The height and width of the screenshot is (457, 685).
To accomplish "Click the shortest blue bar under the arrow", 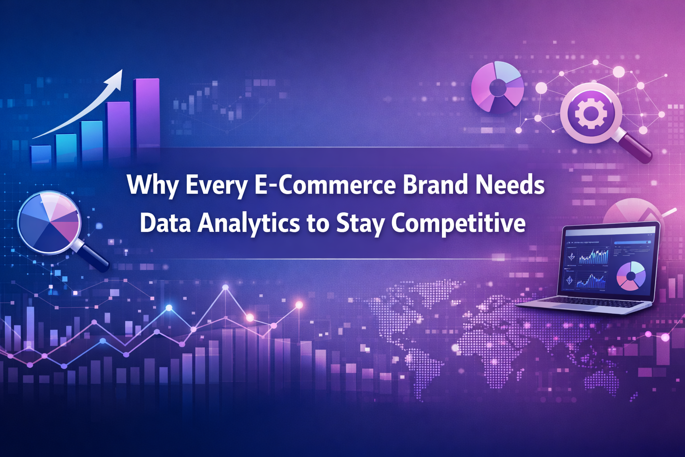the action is click(41, 156).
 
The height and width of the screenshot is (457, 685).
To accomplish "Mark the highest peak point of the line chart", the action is click(225, 287).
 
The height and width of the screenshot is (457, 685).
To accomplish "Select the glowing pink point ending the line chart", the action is click(299, 305).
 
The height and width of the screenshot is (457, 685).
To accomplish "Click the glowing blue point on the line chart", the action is click(169, 307).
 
